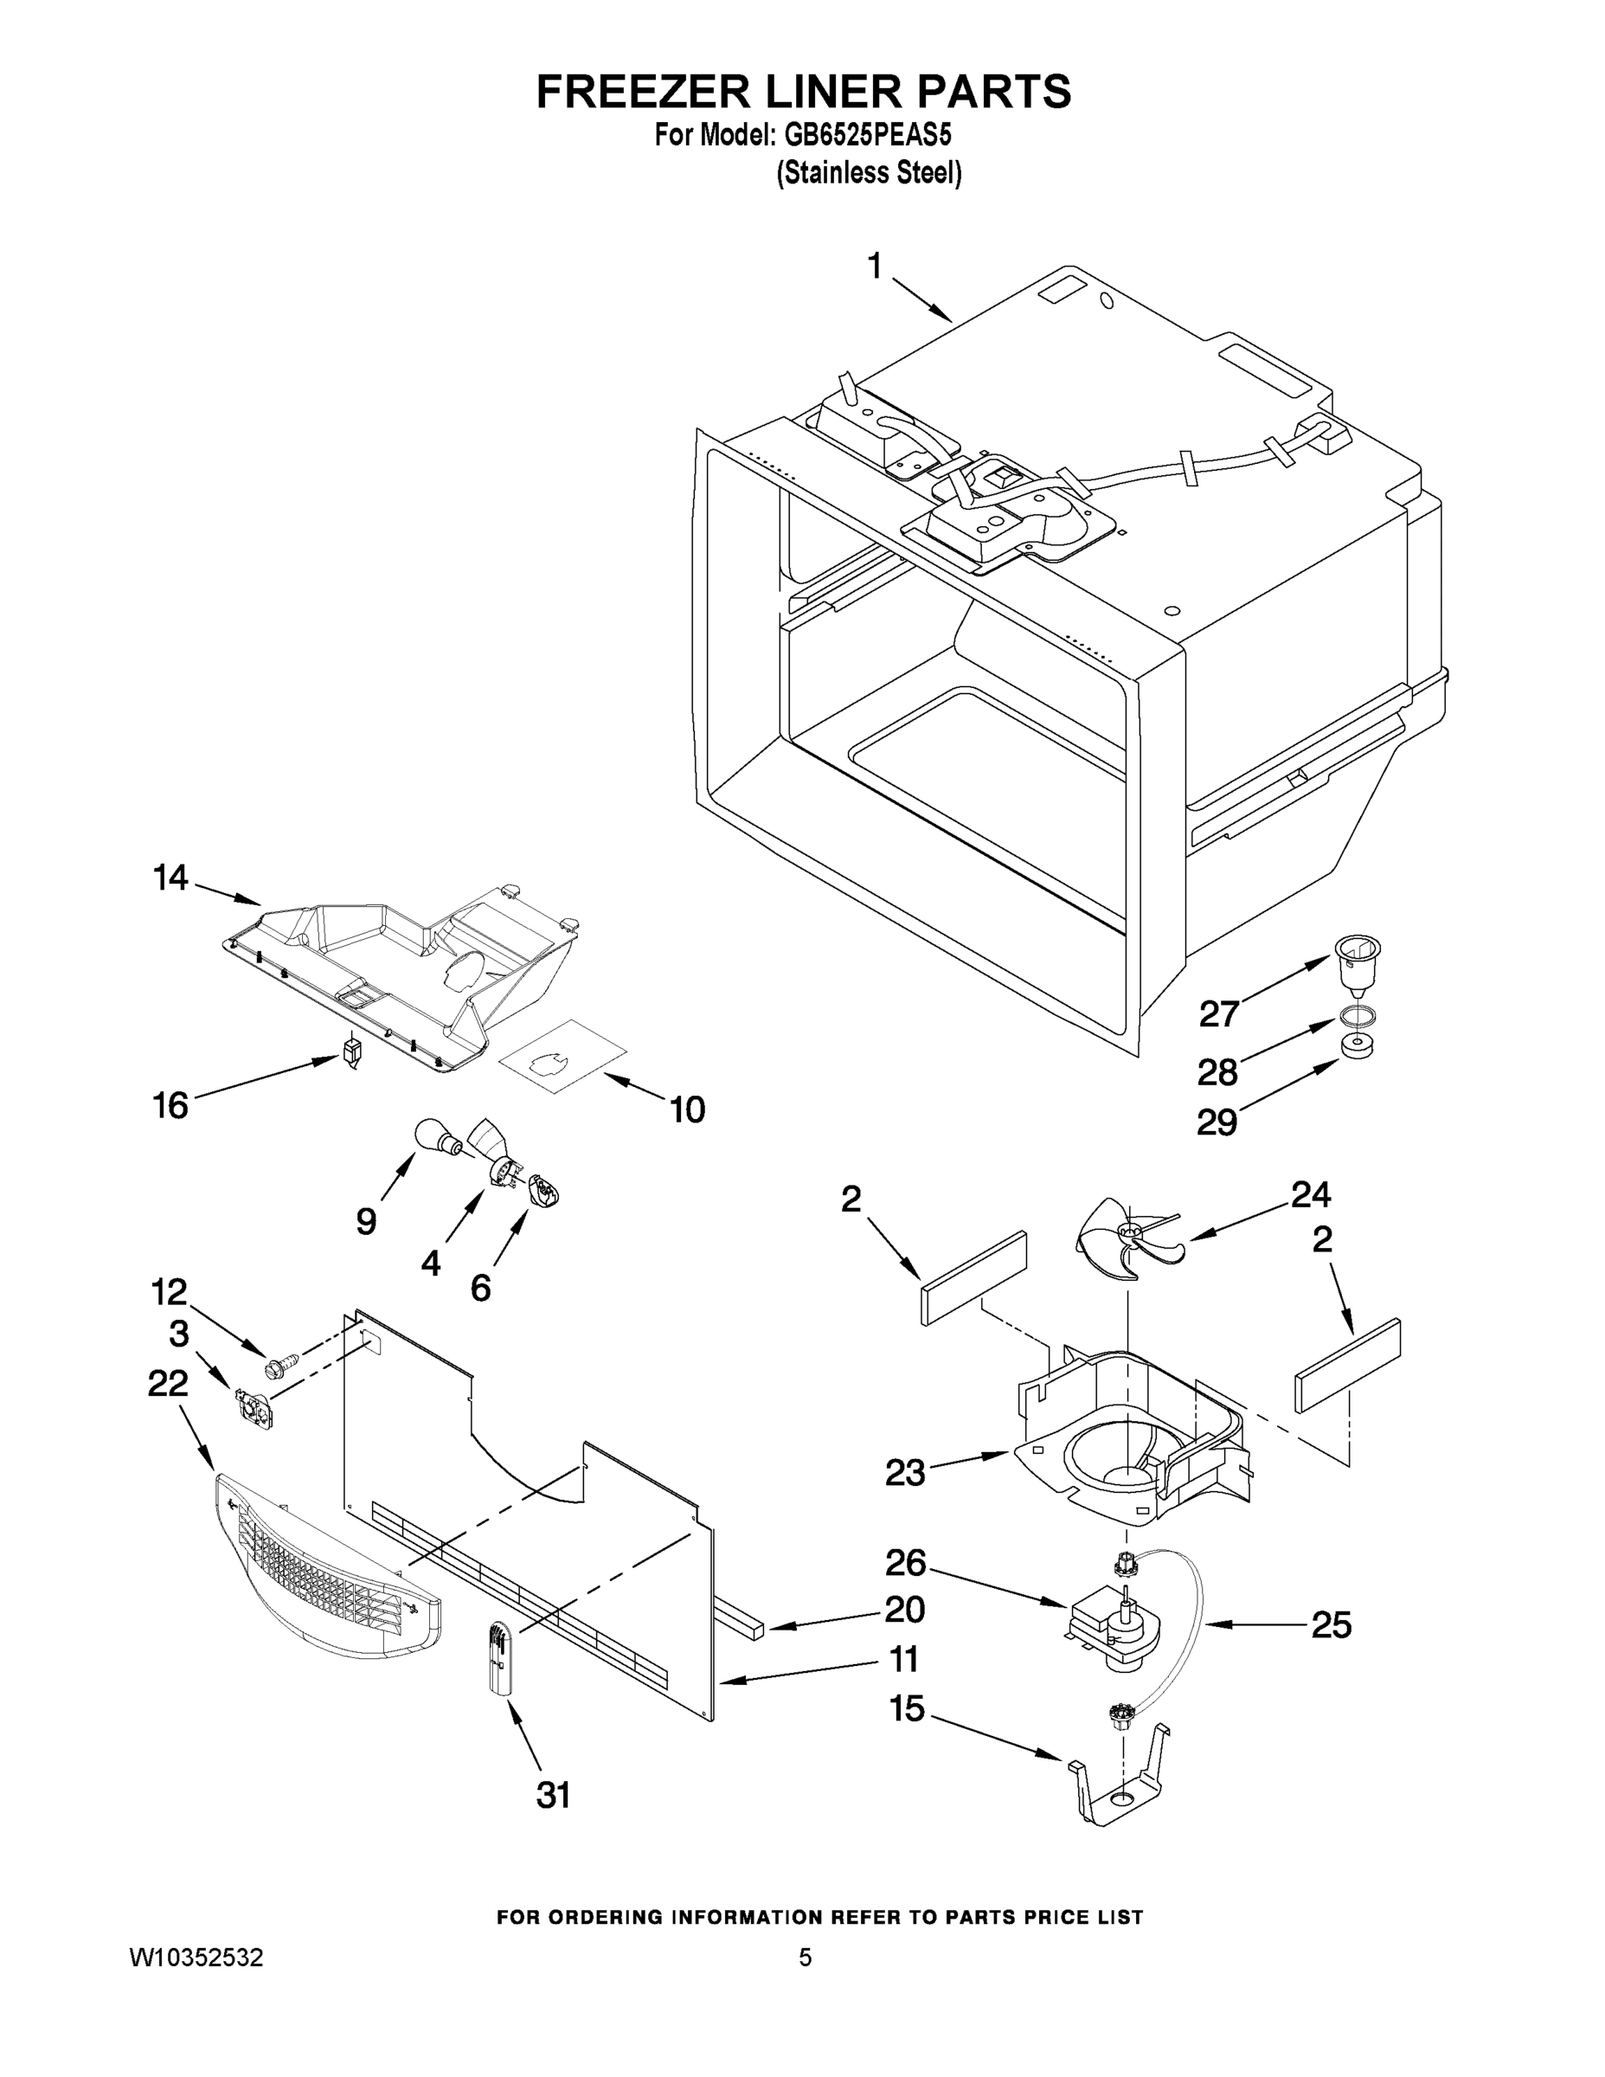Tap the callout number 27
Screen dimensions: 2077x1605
(1219, 1013)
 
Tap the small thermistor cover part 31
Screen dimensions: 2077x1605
(501, 1657)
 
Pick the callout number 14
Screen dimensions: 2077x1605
(171, 878)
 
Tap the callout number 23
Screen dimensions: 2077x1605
(904, 1473)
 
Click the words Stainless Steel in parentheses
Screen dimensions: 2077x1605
(869, 173)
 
